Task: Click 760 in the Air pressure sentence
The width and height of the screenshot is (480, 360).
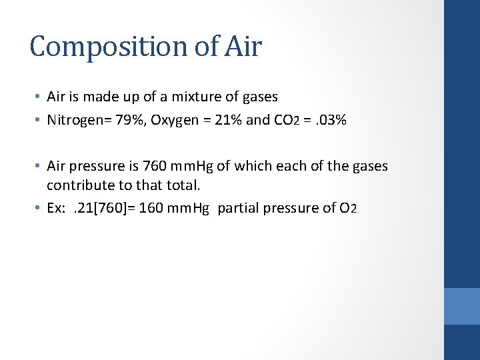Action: (156, 166)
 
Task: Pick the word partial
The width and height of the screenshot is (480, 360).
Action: (238, 208)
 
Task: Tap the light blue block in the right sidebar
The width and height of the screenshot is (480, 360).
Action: (462, 306)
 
